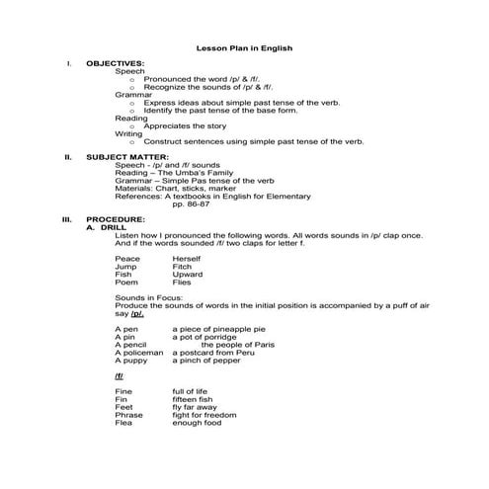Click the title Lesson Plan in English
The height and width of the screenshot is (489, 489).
coord(244,47)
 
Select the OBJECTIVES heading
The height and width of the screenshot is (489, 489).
coord(116,64)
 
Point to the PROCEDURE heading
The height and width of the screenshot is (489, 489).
coord(116,217)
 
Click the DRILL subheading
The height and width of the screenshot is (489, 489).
coord(104,225)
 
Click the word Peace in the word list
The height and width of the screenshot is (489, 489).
coord(126,259)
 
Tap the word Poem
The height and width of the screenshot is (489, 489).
coord(125,283)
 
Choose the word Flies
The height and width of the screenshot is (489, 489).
coord(182,283)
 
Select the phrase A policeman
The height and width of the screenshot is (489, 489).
coord(139,353)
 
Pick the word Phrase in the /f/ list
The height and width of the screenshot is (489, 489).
coord(128,416)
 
